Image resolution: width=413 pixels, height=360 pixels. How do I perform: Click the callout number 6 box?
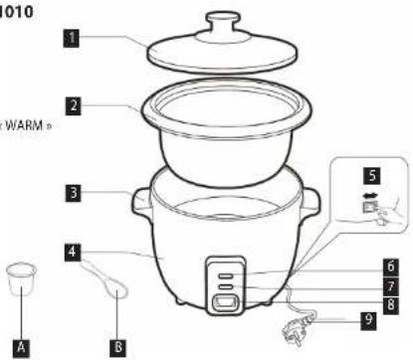tap(392, 267)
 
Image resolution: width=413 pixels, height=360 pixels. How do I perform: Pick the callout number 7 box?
tap(392, 284)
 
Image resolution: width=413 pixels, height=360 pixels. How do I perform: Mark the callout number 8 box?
tap(392, 301)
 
